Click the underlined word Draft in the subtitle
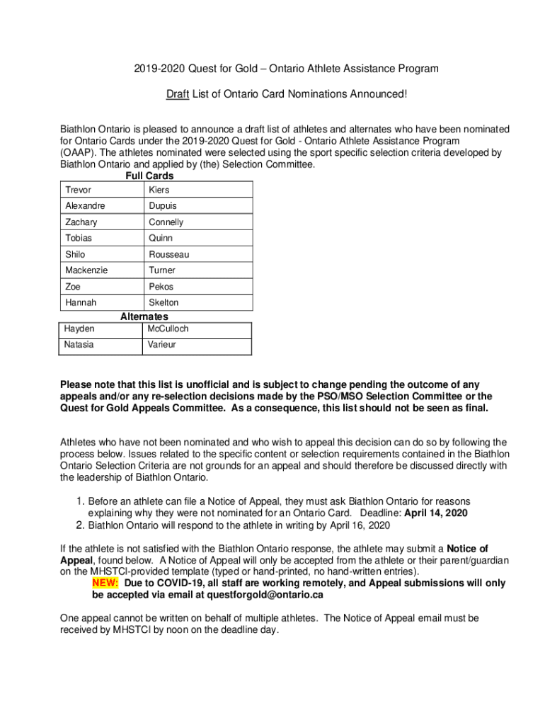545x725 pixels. coord(177,94)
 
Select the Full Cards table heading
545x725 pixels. coord(149,176)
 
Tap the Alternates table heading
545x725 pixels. coord(144,316)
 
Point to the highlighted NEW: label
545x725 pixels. coord(105,583)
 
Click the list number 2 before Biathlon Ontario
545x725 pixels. coord(80,525)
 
